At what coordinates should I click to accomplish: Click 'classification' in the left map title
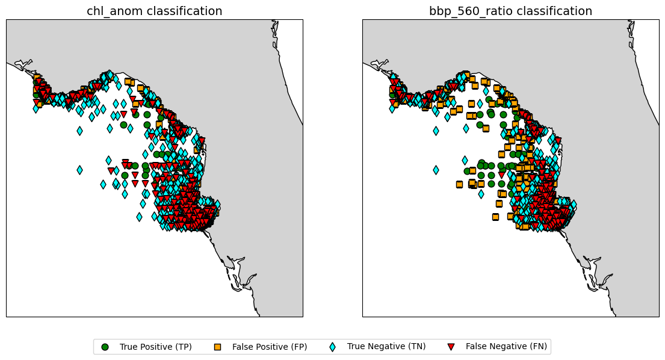182,11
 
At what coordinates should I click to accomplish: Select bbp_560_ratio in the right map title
465,11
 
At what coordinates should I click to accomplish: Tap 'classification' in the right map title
548,11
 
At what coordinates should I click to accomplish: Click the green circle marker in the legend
105,347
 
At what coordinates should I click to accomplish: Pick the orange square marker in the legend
218,347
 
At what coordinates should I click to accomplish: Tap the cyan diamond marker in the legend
332,347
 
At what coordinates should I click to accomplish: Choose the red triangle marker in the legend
451,347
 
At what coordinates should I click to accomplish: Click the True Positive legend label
156,347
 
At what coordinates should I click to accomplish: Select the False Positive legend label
269,347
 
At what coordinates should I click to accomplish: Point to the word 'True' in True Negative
356,346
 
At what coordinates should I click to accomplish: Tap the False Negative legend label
506,347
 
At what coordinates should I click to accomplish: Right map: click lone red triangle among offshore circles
502,175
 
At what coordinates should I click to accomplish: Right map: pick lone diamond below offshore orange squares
481,194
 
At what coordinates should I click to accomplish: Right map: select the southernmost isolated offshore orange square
495,217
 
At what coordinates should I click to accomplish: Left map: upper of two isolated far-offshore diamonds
79,131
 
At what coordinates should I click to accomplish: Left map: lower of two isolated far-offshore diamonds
79,170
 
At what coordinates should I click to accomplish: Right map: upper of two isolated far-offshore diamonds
436,131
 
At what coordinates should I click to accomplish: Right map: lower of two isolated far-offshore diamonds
436,170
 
